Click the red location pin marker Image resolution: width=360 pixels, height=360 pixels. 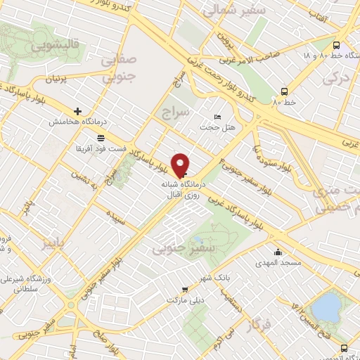(181, 165)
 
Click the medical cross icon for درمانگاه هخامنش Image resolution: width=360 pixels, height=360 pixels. (77, 111)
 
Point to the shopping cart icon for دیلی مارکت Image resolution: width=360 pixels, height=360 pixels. (185, 289)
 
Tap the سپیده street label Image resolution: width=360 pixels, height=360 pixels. (116, 217)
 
